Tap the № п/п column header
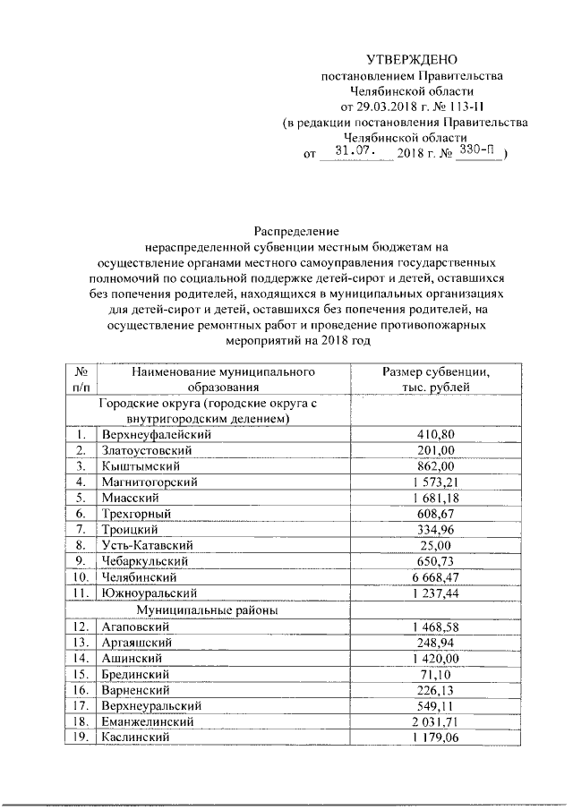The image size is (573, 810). [x=81, y=379]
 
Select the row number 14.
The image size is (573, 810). [x=81, y=657]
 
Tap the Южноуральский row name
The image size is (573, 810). [x=148, y=593]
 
